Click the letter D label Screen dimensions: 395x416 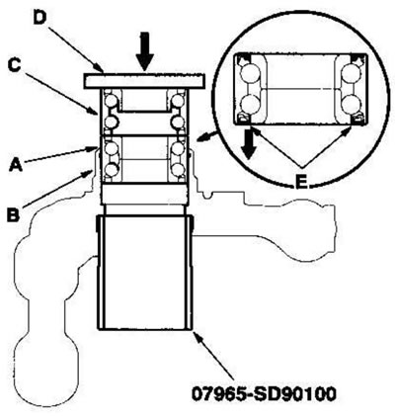39,20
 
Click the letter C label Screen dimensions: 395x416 15,65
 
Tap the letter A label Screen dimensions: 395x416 16,165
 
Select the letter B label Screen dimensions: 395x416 14,215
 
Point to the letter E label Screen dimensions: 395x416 301,182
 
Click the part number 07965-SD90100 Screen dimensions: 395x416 264,394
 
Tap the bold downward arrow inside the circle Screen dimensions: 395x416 249,144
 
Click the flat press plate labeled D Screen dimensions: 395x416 144,81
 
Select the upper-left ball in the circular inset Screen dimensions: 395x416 249,73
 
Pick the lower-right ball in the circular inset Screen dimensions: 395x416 350,104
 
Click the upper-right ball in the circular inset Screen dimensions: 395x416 350,73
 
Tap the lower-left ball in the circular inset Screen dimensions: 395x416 249,104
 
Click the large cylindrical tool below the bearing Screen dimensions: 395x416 144,273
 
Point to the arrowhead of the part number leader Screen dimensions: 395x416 197,336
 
